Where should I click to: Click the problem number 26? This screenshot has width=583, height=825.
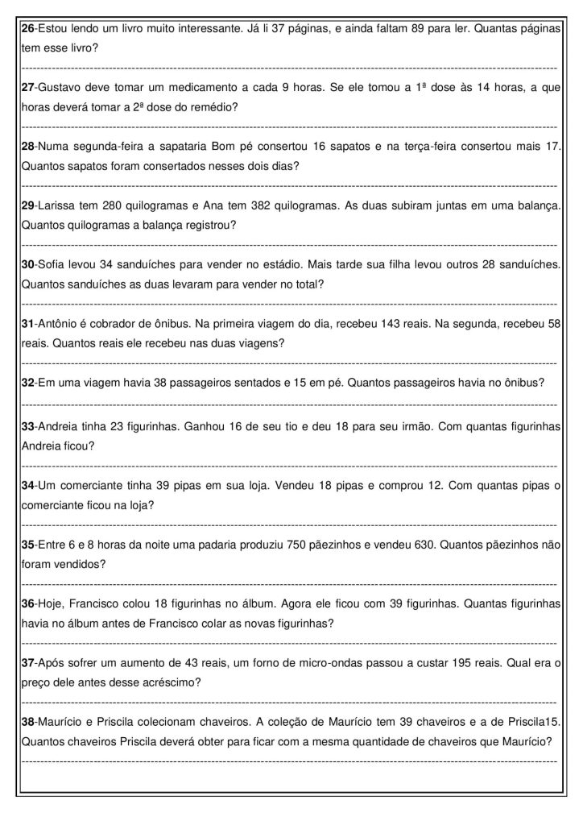click(27, 28)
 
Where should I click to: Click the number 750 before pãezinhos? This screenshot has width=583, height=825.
click(296, 545)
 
